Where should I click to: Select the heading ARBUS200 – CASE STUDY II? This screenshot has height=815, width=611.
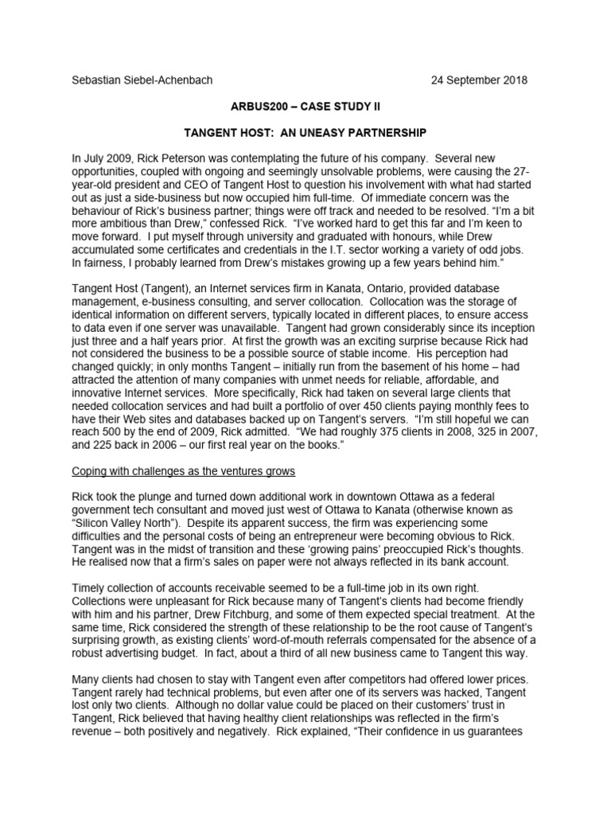pyautogui.click(x=305, y=106)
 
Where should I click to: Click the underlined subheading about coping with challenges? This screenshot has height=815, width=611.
pyautogui.click(x=183, y=471)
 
